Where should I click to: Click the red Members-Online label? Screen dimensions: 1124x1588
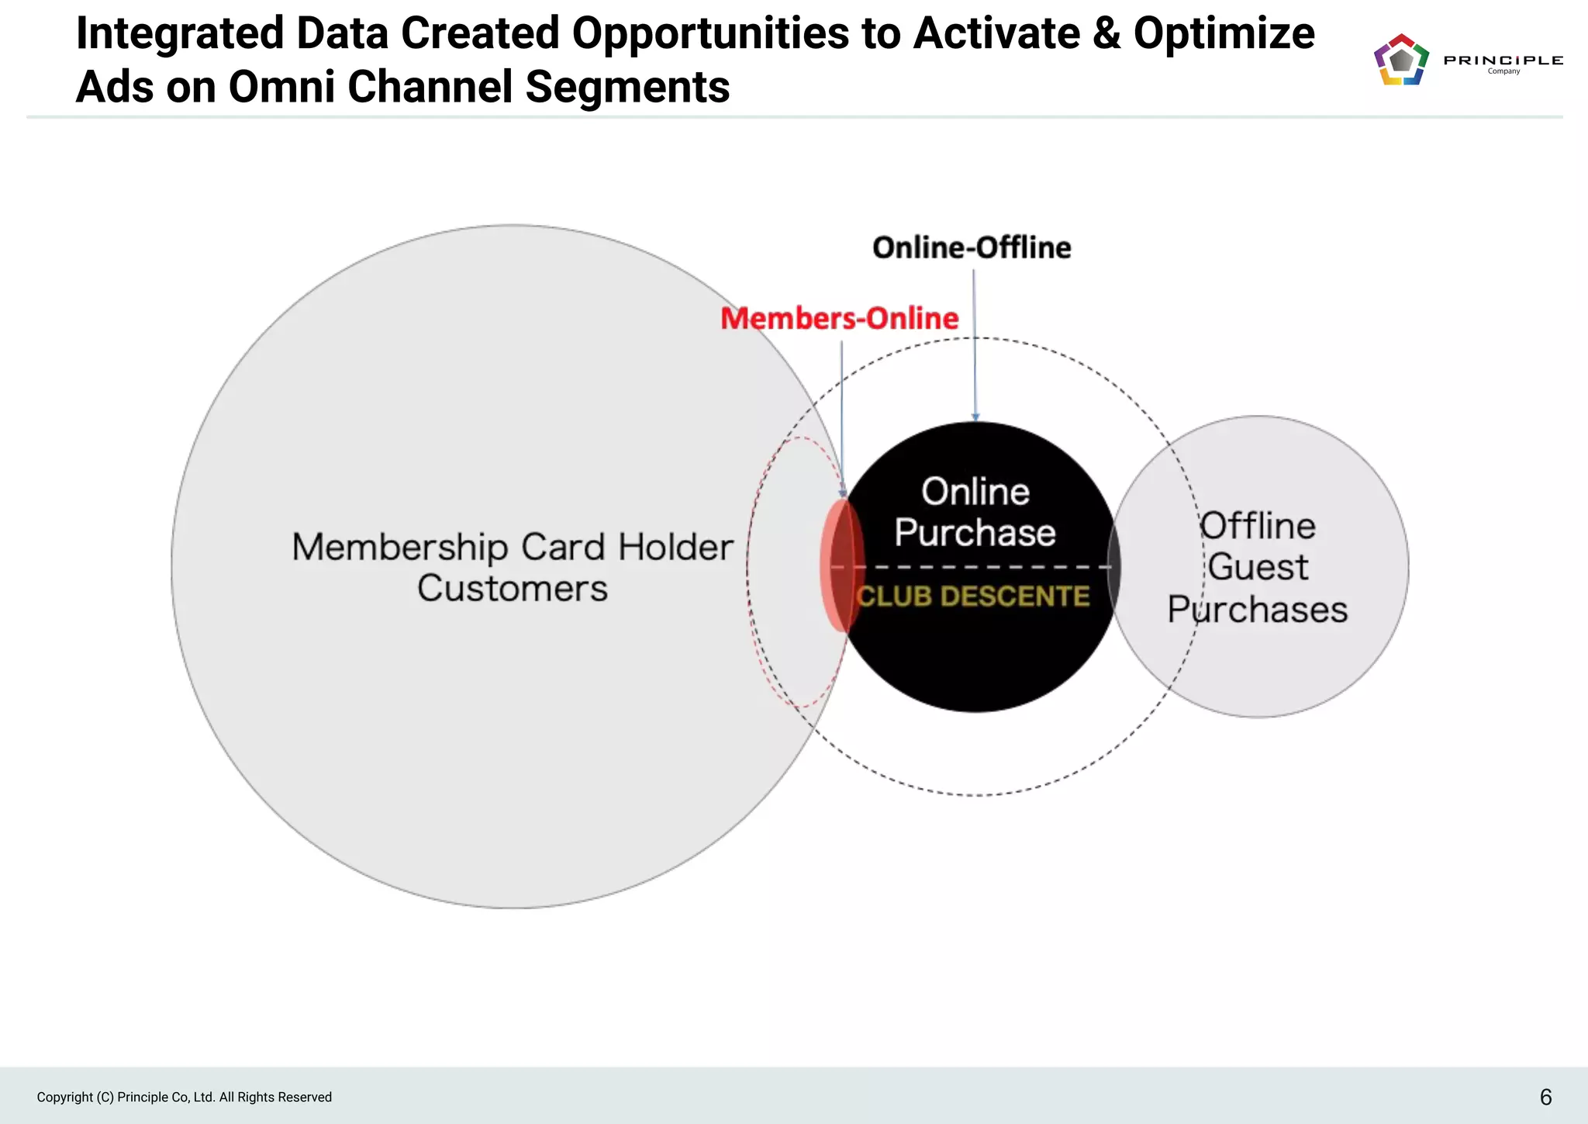tap(839, 318)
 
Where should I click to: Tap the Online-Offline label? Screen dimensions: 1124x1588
tap(972, 247)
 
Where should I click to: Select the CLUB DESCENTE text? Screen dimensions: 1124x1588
tap(973, 596)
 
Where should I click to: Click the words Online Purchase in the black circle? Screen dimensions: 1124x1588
tap(975, 512)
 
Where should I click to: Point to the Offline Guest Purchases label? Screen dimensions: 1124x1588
tap(1258, 567)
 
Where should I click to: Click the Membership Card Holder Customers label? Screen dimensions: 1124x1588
tap(513, 567)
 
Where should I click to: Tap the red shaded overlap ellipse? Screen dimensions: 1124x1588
tap(841, 565)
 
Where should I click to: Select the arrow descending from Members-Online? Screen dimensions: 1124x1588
tap(842, 419)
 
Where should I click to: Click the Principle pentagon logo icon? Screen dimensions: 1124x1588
tap(1401, 60)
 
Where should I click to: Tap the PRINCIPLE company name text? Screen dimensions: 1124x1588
tap(1503, 61)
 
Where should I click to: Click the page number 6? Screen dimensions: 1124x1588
tap(1545, 1097)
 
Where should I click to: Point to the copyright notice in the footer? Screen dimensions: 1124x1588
tap(185, 1097)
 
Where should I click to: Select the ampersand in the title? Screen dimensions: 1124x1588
tap(1106, 33)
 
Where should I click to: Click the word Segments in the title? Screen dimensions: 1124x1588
tap(627, 86)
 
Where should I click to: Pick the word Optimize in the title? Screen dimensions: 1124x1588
tap(1224, 33)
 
